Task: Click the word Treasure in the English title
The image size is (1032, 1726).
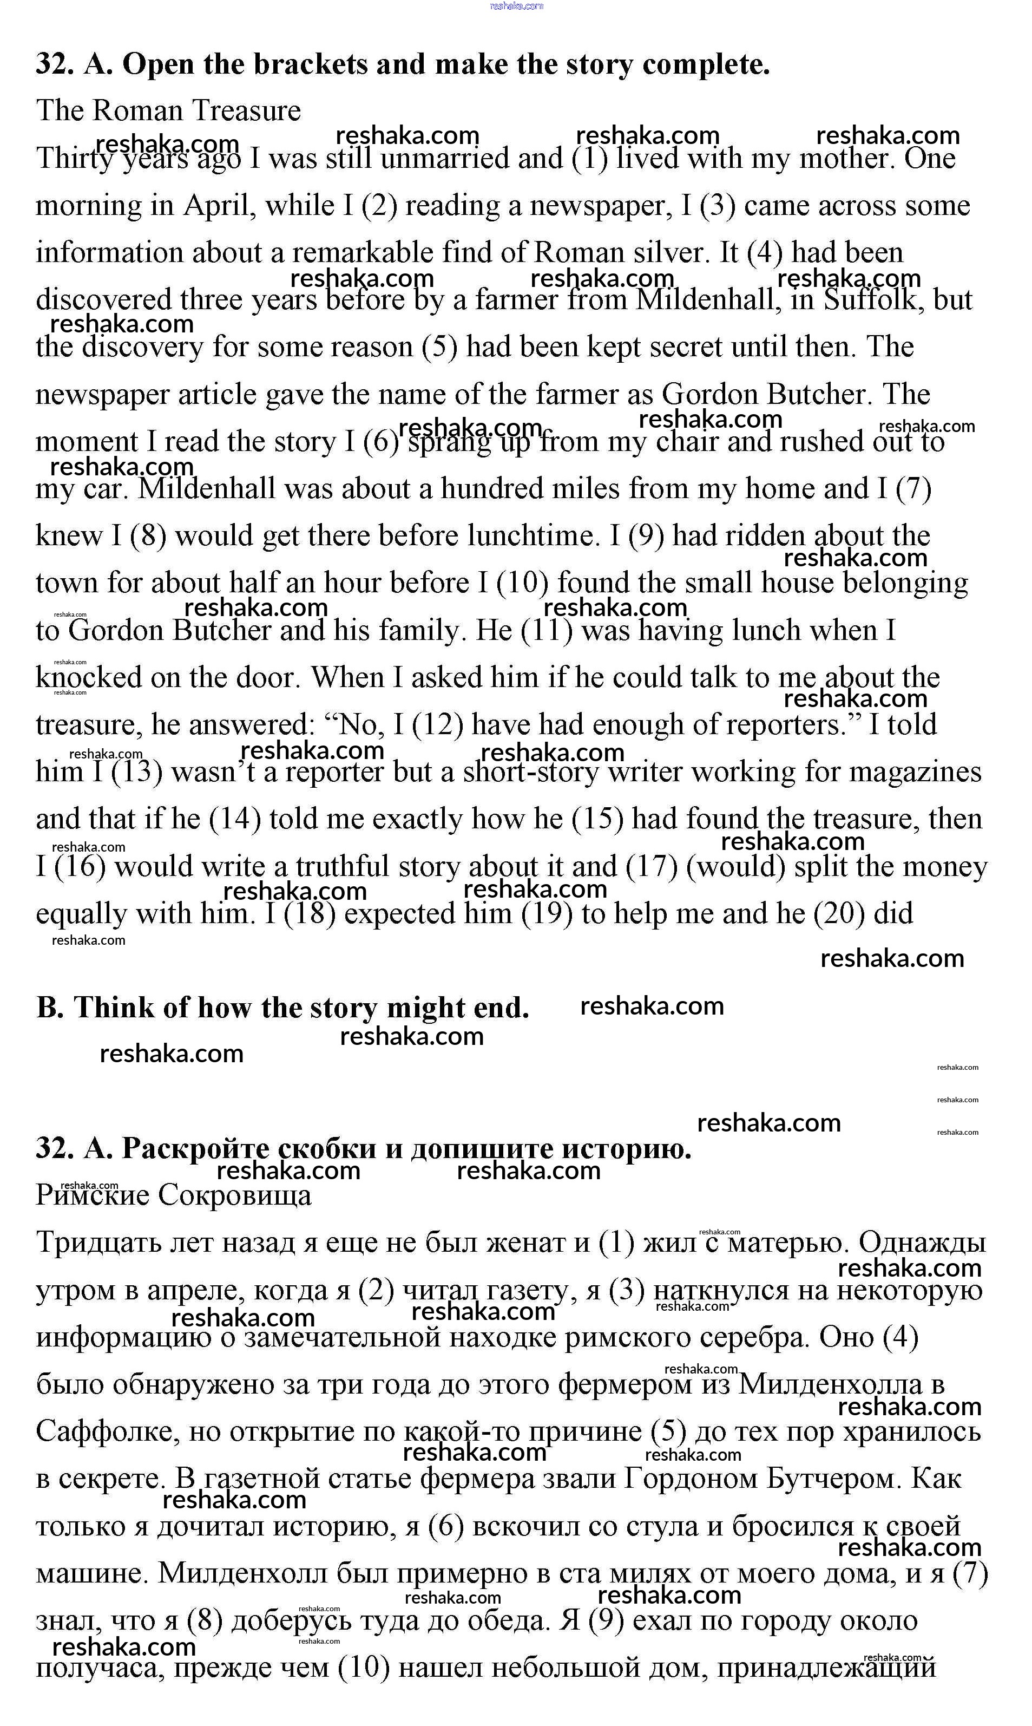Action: tap(246, 110)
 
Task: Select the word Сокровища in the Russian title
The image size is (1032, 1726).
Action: tap(234, 1195)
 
